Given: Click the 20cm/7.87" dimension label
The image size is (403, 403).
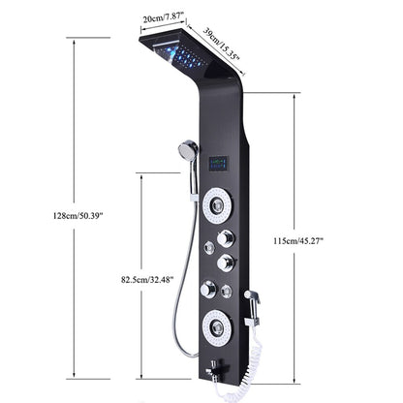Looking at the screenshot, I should tap(165, 18).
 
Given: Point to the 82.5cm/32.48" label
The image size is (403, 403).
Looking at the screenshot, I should tap(147, 280).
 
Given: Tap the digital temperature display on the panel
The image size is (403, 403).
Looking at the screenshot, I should tap(219, 164).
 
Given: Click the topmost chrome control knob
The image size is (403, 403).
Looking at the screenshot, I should tap(226, 238).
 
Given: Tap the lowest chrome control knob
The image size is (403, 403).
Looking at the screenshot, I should tap(207, 289).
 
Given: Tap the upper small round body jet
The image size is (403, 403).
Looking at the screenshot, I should tap(208, 248).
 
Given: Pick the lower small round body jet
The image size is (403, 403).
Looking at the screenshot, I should tap(227, 291).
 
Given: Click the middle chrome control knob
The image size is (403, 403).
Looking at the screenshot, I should tap(227, 263).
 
